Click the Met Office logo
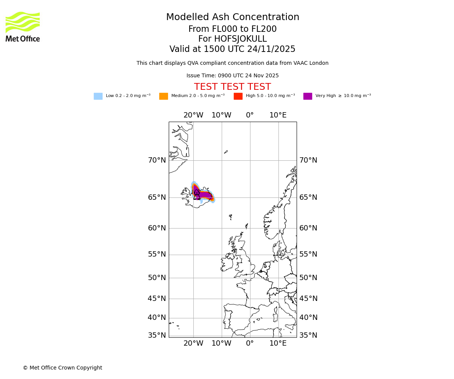click(23, 27)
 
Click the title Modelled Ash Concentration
click(232, 17)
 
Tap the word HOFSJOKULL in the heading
click(240, 39)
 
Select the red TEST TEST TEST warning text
click(232, 87)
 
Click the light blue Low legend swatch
click(98, 96)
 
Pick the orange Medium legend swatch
click(163, 96)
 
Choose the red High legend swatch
click(238, 96)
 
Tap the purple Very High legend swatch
click(308, 96)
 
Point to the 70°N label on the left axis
click(157, 160)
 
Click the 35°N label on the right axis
click(308, 335)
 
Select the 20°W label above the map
click(193, 115)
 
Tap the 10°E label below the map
click(278, 343)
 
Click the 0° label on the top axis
click(250, 115)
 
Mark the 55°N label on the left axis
click(157, 254)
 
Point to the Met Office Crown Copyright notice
click(62, 368)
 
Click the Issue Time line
click(232, 76)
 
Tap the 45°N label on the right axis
click(308, 299)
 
